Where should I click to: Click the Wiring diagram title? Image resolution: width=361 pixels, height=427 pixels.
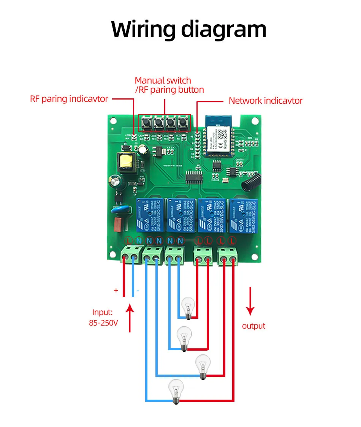(x=189, y=29)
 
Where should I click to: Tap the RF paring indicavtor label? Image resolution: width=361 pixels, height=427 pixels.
(x=69, y=99)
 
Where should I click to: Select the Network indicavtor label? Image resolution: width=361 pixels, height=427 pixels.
(x=265, y=101)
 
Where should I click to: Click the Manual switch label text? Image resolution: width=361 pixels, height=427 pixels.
(x=163, y=81)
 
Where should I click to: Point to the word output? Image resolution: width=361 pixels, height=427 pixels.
(x=253, y=326)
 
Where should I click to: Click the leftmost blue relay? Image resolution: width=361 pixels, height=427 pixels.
(x=150, y=215)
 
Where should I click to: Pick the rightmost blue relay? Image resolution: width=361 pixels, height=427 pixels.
(x=242, y=215)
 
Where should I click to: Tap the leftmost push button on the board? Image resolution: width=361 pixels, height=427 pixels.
(x=146, y=123)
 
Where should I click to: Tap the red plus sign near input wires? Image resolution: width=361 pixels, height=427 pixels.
(x=116, y=291)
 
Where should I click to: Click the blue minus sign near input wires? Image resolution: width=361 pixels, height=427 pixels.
(x=138, y=291)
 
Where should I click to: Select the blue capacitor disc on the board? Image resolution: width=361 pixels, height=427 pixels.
(x=118, y=210)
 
